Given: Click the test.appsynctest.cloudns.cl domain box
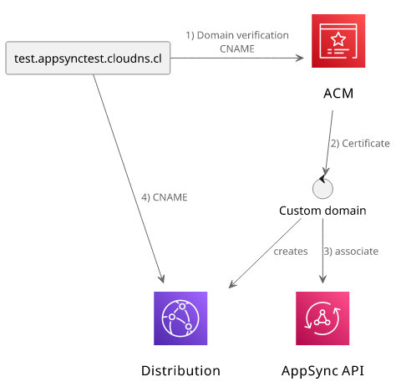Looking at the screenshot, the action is coord(88,58).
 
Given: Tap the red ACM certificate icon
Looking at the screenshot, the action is coord(338,41).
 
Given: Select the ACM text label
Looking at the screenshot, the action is coord(338,94).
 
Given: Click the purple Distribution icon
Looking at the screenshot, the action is coord(180,318).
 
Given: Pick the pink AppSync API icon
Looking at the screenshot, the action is coord(322,318).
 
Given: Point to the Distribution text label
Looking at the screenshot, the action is coord(180,371).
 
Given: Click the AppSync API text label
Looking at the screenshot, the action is coord(322,371).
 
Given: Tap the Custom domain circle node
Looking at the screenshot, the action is coord(322,189).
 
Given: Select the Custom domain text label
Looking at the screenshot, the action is coord(322,211).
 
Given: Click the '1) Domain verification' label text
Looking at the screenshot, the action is coord(237,35).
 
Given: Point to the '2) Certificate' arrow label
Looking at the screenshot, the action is coord(360,144).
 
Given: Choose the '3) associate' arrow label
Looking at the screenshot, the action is coord(351,252).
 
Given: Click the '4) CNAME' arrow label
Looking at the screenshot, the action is coord(165,197).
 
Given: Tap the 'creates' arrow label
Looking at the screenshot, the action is coord(291,252).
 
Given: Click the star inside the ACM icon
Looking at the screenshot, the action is coord(338,39).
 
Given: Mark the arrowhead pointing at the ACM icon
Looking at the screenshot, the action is coord(300,58).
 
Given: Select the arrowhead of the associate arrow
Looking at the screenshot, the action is coord(322,279).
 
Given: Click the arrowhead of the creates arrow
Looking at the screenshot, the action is coord(232,284).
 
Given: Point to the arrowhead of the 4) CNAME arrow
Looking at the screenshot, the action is coord(162,279).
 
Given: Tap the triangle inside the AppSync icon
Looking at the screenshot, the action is coord(322,318).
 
